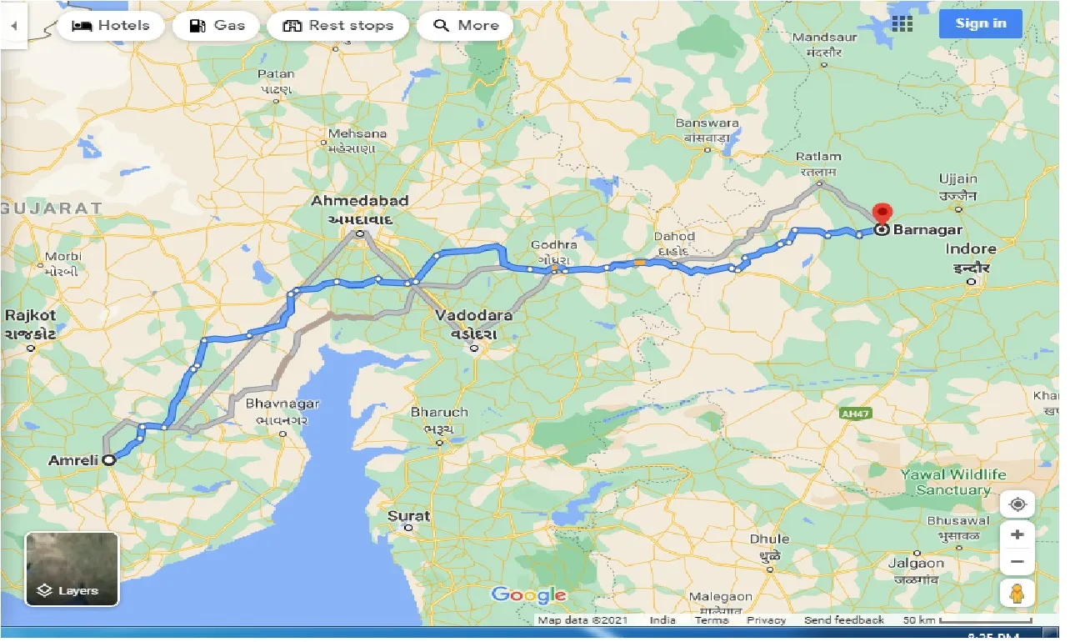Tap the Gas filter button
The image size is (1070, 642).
(x=216, y=26)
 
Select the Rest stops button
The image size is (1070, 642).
(x=337, y=26)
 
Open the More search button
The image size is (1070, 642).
(x=465, y=26)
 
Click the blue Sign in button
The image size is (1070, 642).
(x=981, y=23)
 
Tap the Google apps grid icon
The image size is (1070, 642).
(x=902, y=23)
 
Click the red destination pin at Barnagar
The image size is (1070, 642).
(x=881, y=213)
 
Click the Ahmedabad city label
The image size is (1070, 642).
(x=359, y=201)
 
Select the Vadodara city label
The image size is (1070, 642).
(x=472, y=316)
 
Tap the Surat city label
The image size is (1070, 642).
(x=408, y=516)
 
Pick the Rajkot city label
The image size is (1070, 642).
(x=31, y=315)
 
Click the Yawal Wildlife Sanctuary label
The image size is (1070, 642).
(x=953, y=482)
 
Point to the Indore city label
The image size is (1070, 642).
(x=971, y=249)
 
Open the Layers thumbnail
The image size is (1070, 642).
(x=72, y=569)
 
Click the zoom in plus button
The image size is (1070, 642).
(x=1017, y=534)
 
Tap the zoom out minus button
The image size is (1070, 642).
(x=1017, y=562)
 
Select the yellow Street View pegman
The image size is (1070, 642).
(x=1017, y=593)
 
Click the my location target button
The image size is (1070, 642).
(x=1017, y=504)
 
